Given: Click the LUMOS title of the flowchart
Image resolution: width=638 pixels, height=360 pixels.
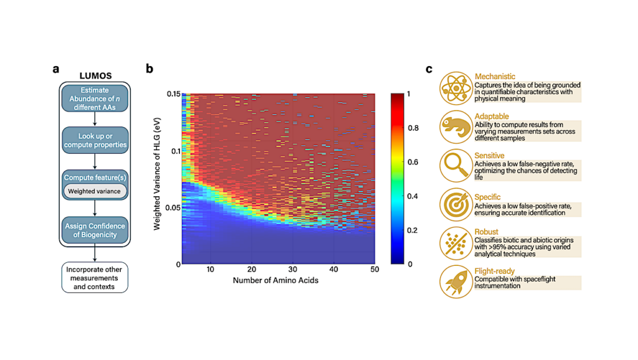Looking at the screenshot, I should [95, 75].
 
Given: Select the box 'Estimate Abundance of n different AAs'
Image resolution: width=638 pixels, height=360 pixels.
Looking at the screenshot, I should [95, 98].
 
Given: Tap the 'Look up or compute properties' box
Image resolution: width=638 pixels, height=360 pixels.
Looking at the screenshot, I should [95, 140].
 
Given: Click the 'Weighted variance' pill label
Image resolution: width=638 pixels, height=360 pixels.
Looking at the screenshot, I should [94, 191].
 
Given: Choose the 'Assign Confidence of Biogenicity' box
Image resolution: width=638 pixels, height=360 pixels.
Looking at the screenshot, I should [95, 230].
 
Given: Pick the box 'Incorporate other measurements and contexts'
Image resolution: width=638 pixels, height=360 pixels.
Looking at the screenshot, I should [95, 277].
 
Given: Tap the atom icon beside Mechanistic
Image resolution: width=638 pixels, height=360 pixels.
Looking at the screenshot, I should [456, 89].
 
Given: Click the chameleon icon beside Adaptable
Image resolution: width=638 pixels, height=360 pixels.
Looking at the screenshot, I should [456, 128].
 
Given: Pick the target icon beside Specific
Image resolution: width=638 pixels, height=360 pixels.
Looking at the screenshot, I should [456, 204].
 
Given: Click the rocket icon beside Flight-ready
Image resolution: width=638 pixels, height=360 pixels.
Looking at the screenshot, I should [456, 282].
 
